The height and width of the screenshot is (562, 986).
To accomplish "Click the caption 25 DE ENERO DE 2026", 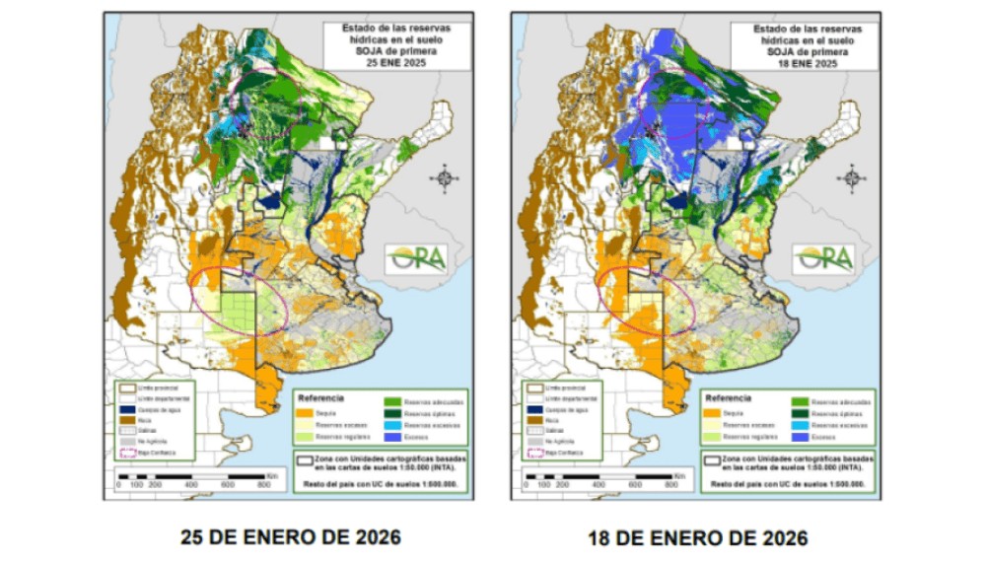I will (290, 537).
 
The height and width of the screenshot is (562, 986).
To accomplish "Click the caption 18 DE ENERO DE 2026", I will (697, 537).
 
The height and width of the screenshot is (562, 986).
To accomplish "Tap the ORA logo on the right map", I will (824, 258).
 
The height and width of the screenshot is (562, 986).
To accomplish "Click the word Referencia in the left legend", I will (319, 397).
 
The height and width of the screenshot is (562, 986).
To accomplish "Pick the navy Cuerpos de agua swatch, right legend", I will (530, 408).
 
